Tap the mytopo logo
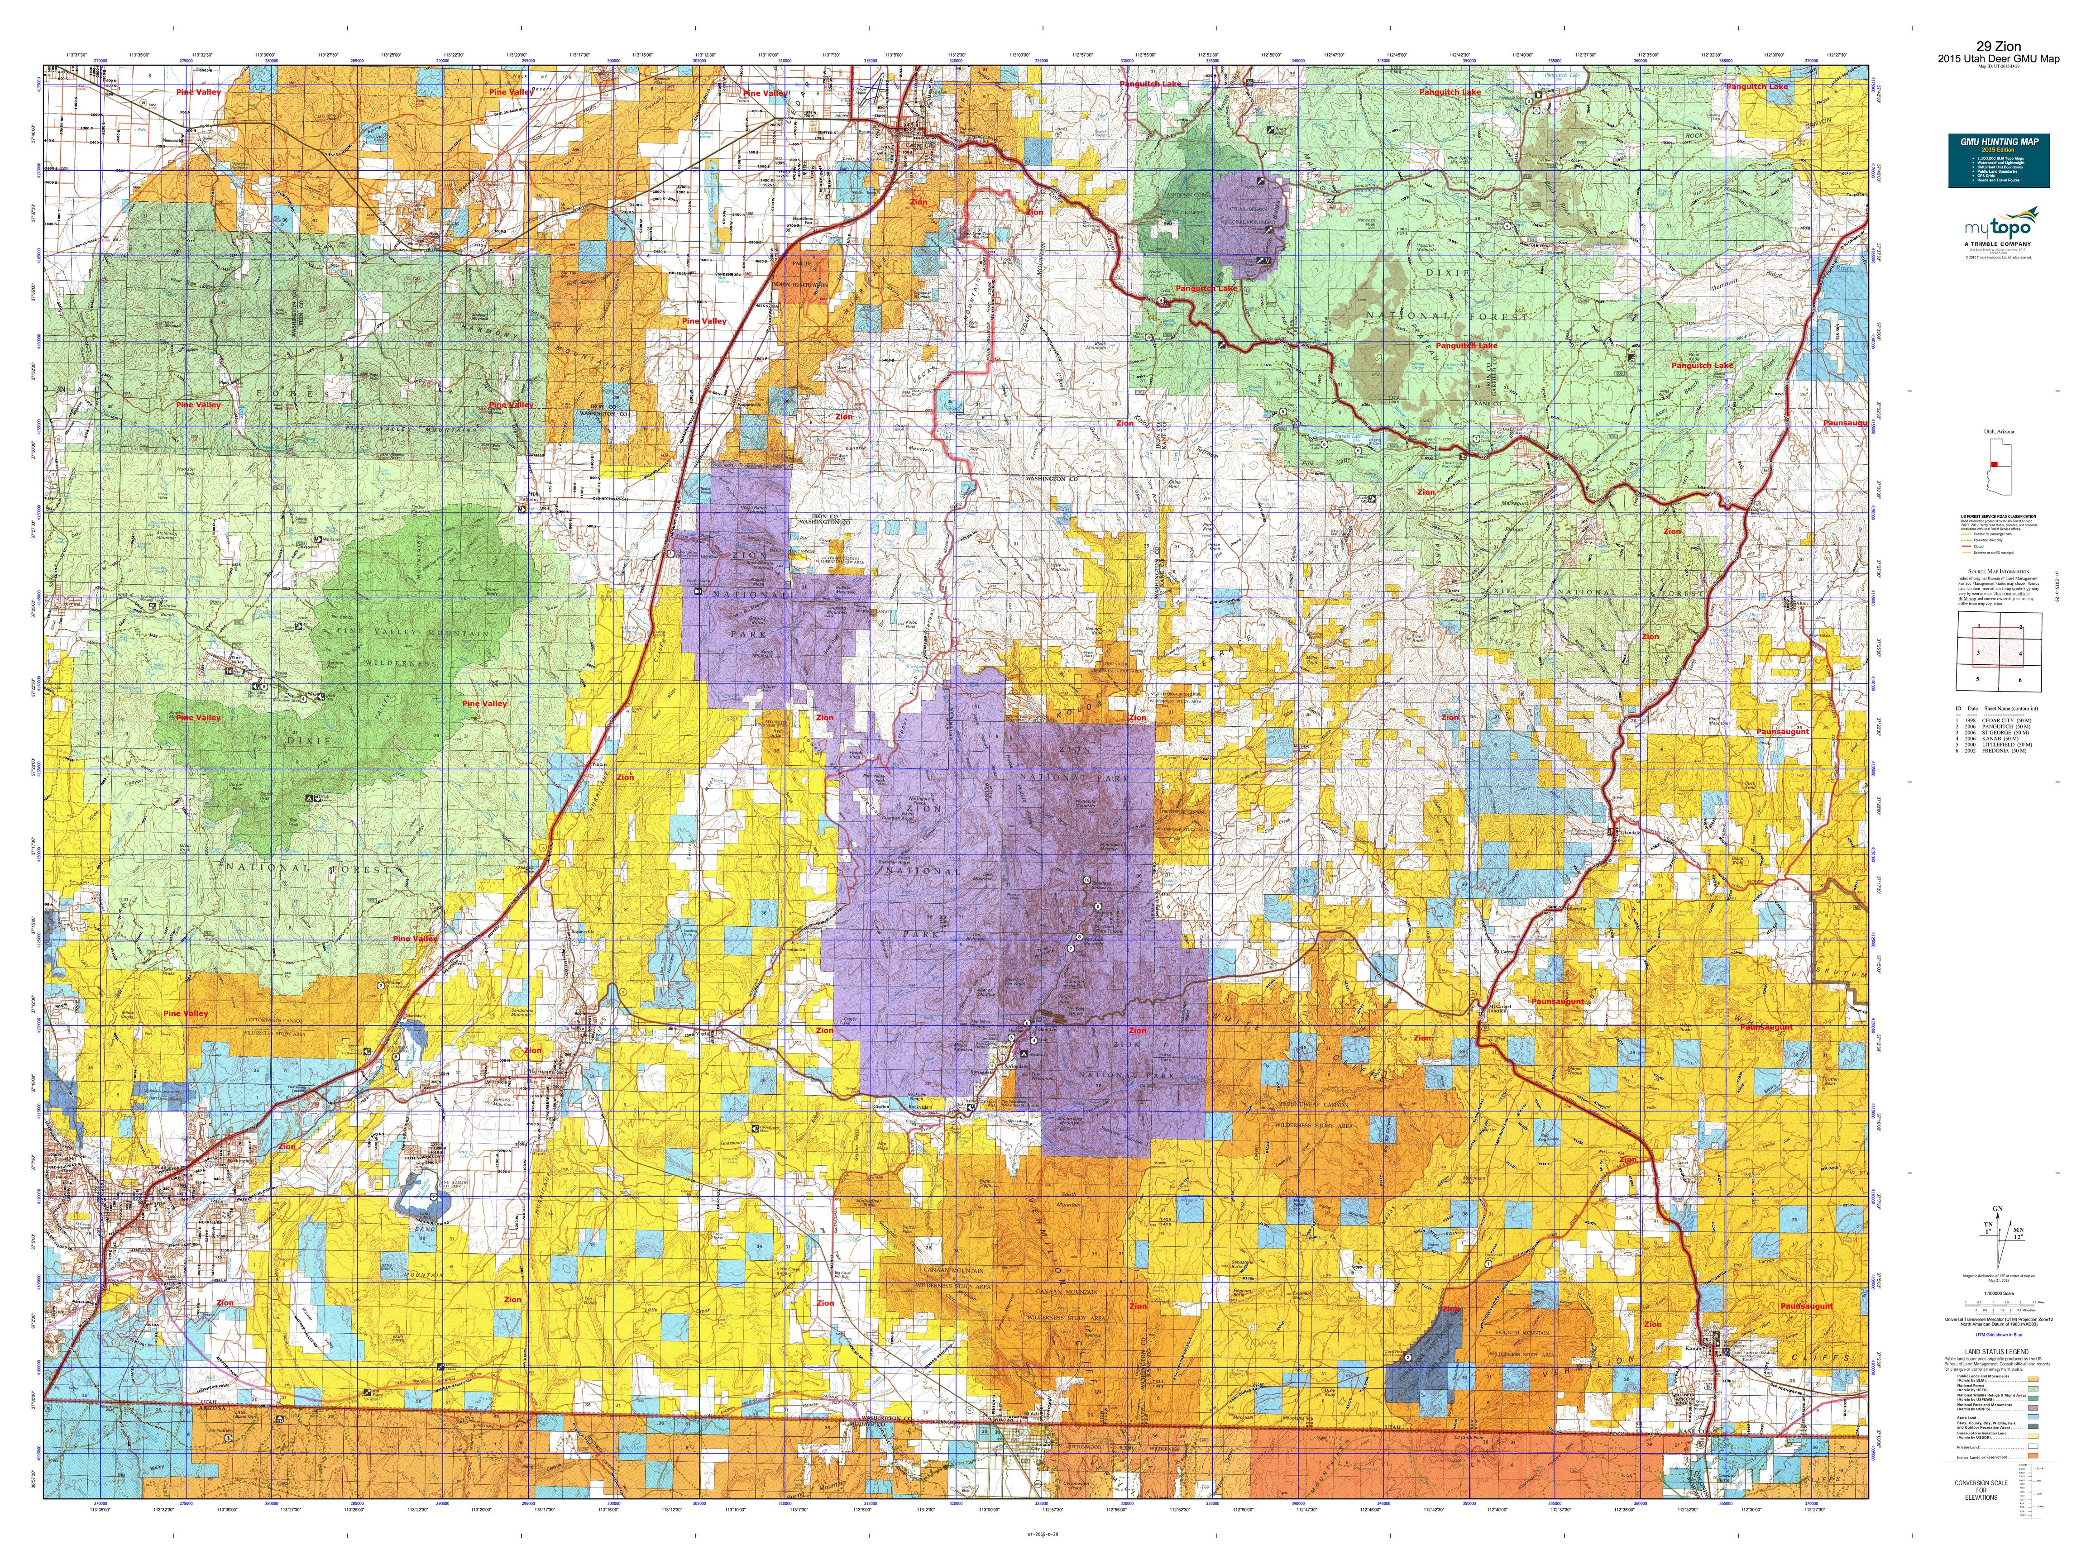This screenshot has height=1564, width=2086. coord(1997,228)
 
